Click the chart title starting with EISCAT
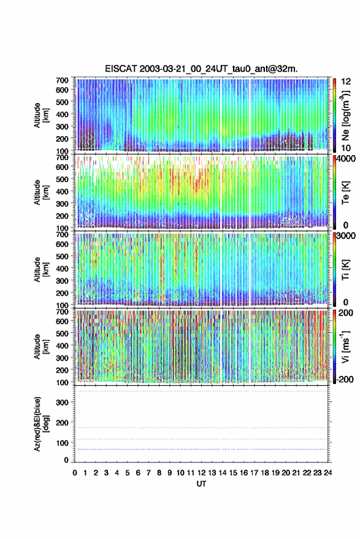pyautogui.click(x=202, y=69)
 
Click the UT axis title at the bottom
pyautogui.click(x=201, y=484)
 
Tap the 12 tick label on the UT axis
pyautogui.click(x=202, y=473)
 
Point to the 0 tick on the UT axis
pyautogui.click(x=75, y=473)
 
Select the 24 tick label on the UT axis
pyautogui.click(x=328, y=473)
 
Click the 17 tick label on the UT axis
pyautogui.click(x=254, y=473)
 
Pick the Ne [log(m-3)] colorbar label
pyautogui.click(x=345, y=115)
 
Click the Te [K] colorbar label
pyautogui.click(x=345, y=193)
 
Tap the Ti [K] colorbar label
pyautogui.click(x=345, y=270)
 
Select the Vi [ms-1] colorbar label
pyautogui.click(x=345, y=346)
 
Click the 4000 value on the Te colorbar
pyautogui.click(x=347, y=159)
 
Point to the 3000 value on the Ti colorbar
pyautogui.click(x=347, y=236)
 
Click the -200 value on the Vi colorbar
pyautogui.click(x=345, y=379)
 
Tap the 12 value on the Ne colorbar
pyautogui.click(x=346, y=82)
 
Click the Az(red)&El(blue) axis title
pyautogui.click(x=41, y=424)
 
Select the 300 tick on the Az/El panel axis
pyautogui.click(x=62, y=402)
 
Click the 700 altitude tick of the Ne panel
pyautogui.click(x=62, y=80)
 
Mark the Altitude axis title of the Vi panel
pyautogui.click(x=41, y=346)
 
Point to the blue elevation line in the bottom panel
pyautogui.click(x=201, y=449)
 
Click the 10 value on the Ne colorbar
pyautogui.click(x=346, y=148)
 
